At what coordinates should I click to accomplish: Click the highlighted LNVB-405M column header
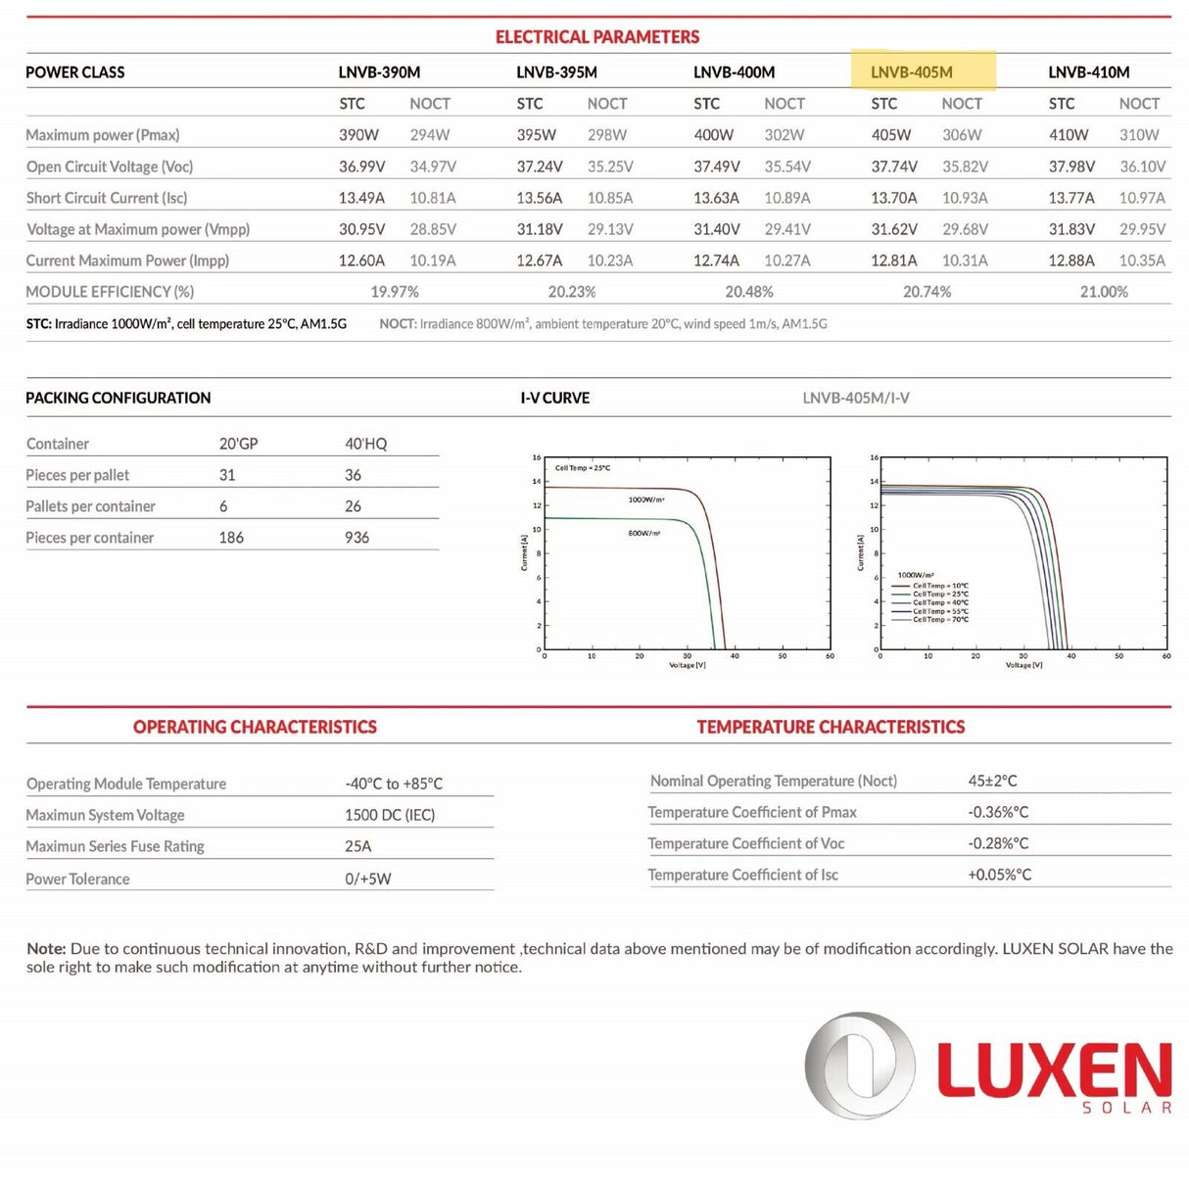pyautogui.click(x=912, y=72)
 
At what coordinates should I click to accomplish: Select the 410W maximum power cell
pyautogui.click(x=1068, y=135)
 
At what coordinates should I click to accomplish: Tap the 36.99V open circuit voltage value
pyautogui.click(x=361, y=166)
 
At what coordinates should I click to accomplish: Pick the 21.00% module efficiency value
pyautogui.click(x=1104, y=292)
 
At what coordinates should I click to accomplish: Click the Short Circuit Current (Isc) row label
pyautogui.click(x=107, y=198)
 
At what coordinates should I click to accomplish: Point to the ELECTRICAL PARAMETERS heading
pyautogui.click(x=597, y=37)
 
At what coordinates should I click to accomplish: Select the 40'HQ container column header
pyautogui.click(x=365, y=444)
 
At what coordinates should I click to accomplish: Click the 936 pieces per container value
pyautogui.click(x=357, y=538)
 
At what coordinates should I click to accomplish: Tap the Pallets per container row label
pyautogui.click(x=91, y=506)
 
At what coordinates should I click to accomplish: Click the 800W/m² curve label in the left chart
pyautogui.click(x=644, y=533)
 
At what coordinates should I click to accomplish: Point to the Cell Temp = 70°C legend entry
pyautogui.click(x=940, y=620)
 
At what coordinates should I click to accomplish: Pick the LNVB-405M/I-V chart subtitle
pyautogui.click(x=856, y=398)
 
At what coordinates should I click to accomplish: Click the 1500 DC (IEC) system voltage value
pyautogui.click(x=389, y=815)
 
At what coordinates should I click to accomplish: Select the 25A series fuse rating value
pyautogui.click(x=357, y=846)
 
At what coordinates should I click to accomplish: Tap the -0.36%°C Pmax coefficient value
pyautogui.click(x=998, y=812)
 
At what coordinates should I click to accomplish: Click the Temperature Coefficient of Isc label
pyautogui.click(x=742, y=875)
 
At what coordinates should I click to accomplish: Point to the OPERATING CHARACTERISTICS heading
pyautogui.click(x=255, y=727)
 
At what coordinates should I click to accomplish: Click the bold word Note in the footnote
pyautogui.click(x=45, y=949)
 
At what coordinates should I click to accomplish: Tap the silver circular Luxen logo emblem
pyautogui.click(x=859, y=1066)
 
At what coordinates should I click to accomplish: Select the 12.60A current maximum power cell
pyautogui.click(x=361, y=261)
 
